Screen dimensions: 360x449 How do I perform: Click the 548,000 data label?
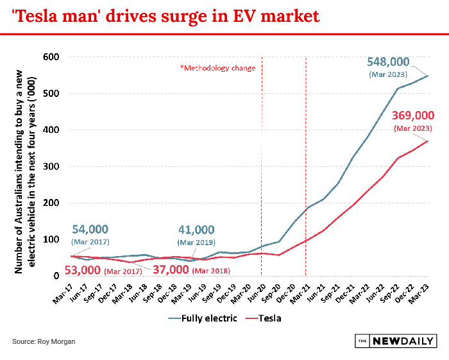pyautogui.click(x=388, y=62)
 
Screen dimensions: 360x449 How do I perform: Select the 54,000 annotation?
pyautogui.click(x=90, y=230)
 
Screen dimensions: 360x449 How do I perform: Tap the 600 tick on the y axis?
pyautogui.click(x=50, y=57)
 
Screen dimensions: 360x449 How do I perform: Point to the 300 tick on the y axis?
pyautogui.click(x=50, y=166)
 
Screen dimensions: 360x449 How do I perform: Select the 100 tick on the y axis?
pyautogui.click(x=50, y=239)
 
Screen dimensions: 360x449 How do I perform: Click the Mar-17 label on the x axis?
pyautogui.click(x=65, y=292)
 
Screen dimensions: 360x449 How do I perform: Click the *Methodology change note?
pyautogui.click(x=217, y=68)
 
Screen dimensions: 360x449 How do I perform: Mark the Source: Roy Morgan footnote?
pyautogui.click(x=44, y=341)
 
